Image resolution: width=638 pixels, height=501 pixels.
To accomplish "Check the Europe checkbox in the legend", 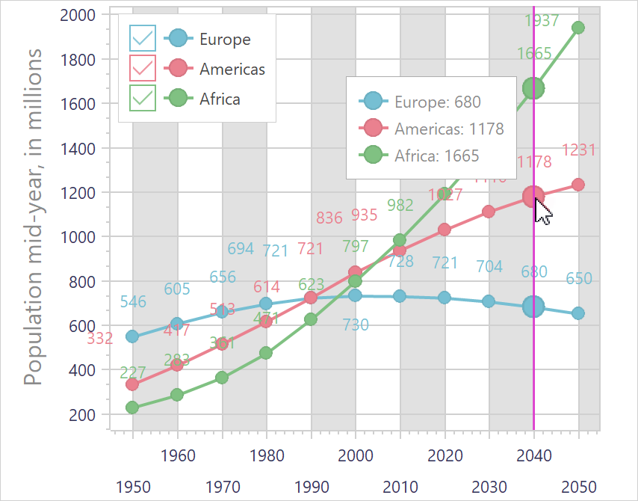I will [143, 38].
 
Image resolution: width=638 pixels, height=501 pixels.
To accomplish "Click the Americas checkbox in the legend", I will [143, 68].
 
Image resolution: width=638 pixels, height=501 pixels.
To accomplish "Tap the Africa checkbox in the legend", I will [143, 97].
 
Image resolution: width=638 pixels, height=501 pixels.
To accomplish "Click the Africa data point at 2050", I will [577, 28].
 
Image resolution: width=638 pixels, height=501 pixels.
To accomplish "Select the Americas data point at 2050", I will [577, 185].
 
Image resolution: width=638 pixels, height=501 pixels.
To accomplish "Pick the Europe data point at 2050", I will [577, 313].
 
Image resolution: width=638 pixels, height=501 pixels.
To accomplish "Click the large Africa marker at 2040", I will [533, 88].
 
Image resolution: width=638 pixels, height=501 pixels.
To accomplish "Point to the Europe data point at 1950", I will [132, 336].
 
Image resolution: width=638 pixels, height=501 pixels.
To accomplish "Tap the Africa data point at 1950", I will [132, 408].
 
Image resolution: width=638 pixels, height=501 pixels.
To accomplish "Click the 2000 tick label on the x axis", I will [356, 456].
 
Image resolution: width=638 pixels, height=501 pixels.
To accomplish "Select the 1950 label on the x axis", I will [132, 487].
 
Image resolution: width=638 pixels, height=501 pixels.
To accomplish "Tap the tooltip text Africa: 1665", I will [437, 156].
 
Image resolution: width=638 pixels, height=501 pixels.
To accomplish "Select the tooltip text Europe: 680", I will [437, 102].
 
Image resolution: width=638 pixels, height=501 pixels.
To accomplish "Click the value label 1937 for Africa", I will [542, 21].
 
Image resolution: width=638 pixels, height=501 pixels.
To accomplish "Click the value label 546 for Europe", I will [133, 302].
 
